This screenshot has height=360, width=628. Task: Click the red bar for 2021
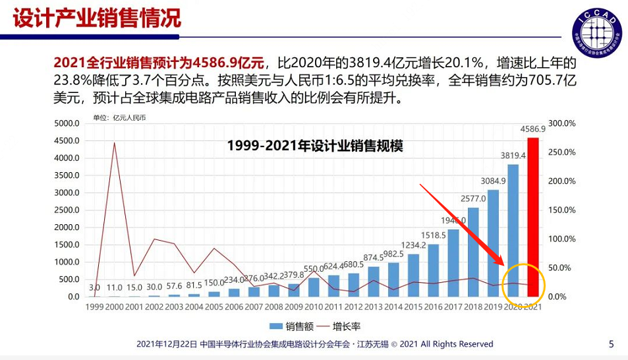click(533, 217)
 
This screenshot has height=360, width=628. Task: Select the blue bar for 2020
click(513, 230)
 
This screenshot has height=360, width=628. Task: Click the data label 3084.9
click(493, 181)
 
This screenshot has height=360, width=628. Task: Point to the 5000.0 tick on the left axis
click(67, 123)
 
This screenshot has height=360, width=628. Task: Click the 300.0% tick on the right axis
click(562, 123)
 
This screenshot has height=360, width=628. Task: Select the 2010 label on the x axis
click(313, 307)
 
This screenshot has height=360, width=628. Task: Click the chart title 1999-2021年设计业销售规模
click(314, 146)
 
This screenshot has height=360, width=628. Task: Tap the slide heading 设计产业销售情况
click(97, 17)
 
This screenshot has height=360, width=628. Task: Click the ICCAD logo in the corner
click(597, 30)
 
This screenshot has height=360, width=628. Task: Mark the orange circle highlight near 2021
click(523, 285)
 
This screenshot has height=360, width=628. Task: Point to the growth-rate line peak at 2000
click(115, 142)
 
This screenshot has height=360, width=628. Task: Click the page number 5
click(611, 344)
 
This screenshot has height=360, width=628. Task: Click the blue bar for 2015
click(413, 275)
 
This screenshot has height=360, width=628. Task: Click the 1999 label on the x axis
click(95, 307)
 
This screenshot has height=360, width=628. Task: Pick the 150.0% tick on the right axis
click(562, 210)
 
